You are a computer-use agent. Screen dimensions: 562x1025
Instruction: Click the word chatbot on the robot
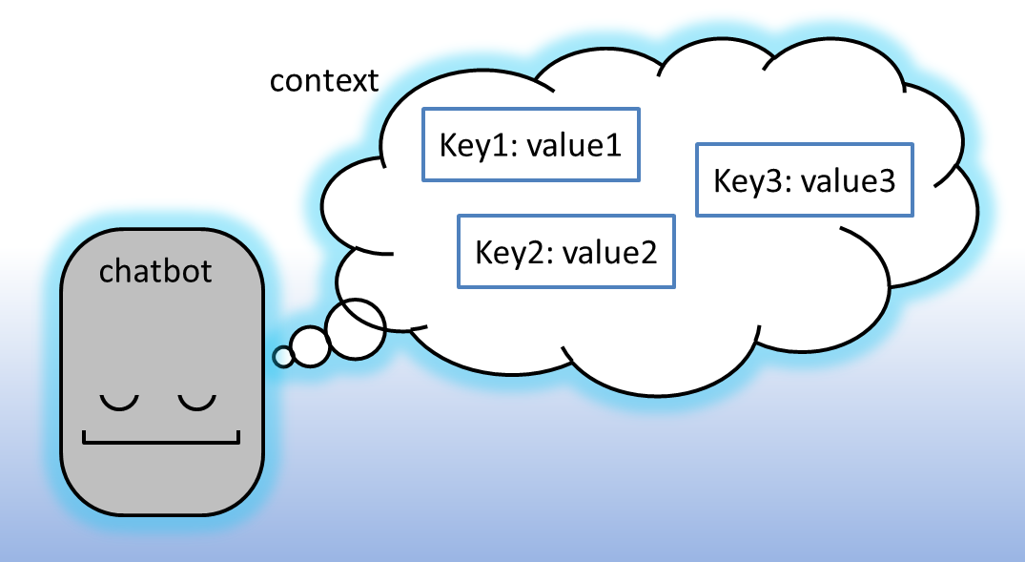155,271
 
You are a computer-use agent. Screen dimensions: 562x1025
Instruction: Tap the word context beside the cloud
324,80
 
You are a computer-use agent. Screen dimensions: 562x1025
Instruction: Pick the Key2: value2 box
566,251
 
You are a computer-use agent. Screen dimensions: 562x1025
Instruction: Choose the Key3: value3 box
805,179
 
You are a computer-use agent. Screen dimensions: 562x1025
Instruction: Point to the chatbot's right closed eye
196,403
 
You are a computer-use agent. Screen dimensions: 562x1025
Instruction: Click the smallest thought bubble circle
283,357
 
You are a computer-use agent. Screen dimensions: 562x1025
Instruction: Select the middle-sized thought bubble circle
310,346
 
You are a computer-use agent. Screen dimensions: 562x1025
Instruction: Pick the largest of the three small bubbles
356,329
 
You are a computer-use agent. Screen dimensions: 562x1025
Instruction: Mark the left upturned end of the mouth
86,436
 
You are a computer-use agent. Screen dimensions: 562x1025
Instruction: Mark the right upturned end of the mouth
237,436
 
